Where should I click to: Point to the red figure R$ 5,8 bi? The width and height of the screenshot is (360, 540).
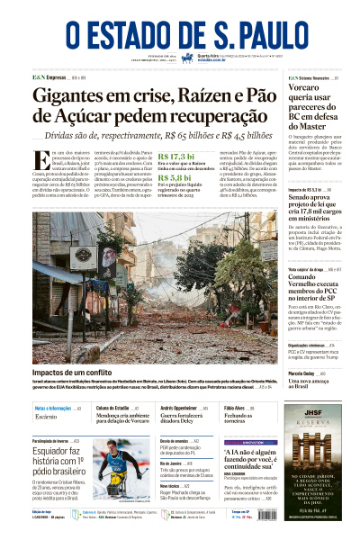(174, 178)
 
